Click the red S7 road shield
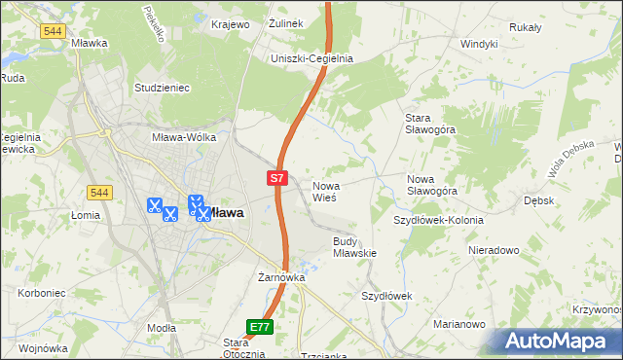pyautogui.click(x=277, y=178)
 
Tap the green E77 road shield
pyautogui.click(x=259, y=327)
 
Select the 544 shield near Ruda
pyautogui.click(x=54, y=31)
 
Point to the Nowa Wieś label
pyautogui.click(x=324, y=191)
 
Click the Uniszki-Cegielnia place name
pyautogui.click(x=311, y=58)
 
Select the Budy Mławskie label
pyautogui.click(x=354, y=247)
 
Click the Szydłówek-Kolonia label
pyautogui.click(x=438, y=220)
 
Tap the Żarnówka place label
pyautogui.click(x=282, y=277)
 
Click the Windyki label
pyautogui.click(x=479, y=44)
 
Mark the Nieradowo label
pyautogui.click(x=493, y=250)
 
